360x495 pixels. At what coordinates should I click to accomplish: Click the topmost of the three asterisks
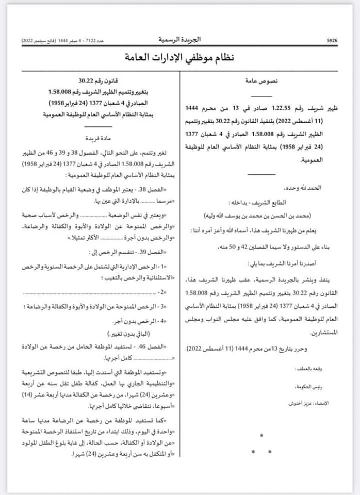(x=261, y=436)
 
